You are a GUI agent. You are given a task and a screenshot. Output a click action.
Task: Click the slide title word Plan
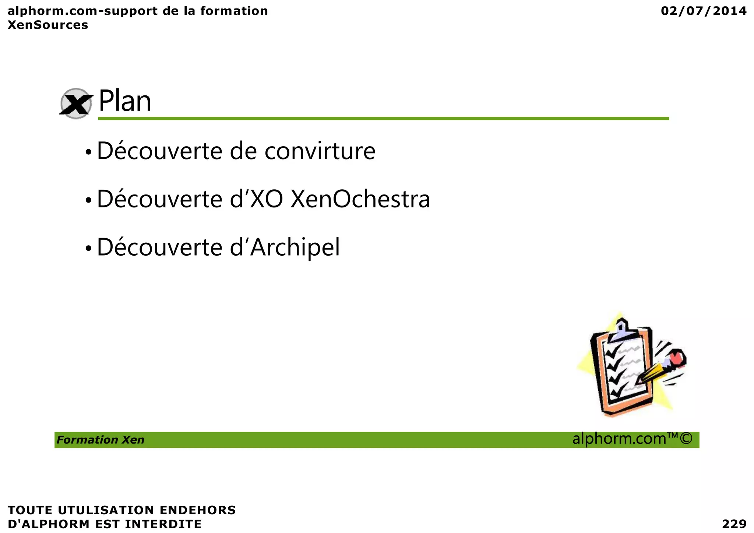pos(125,101)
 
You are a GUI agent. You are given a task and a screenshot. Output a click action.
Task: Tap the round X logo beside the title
pos(76,104)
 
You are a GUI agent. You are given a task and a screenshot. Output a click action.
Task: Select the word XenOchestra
pos(360,199)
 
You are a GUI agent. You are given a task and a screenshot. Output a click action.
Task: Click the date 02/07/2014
pos(704,11)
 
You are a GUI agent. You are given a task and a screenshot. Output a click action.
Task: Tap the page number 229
pos(734,524)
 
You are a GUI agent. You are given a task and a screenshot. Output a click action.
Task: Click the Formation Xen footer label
pos(101,440)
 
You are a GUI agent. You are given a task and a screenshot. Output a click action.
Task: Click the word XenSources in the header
pos(48,25)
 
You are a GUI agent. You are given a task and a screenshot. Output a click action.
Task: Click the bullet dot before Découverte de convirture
pos(88,152)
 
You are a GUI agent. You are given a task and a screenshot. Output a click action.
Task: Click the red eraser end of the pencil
pos(677,358)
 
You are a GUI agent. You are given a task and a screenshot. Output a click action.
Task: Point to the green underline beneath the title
pos(383,119)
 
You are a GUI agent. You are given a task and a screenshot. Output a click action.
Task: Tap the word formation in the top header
pos(234,11)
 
